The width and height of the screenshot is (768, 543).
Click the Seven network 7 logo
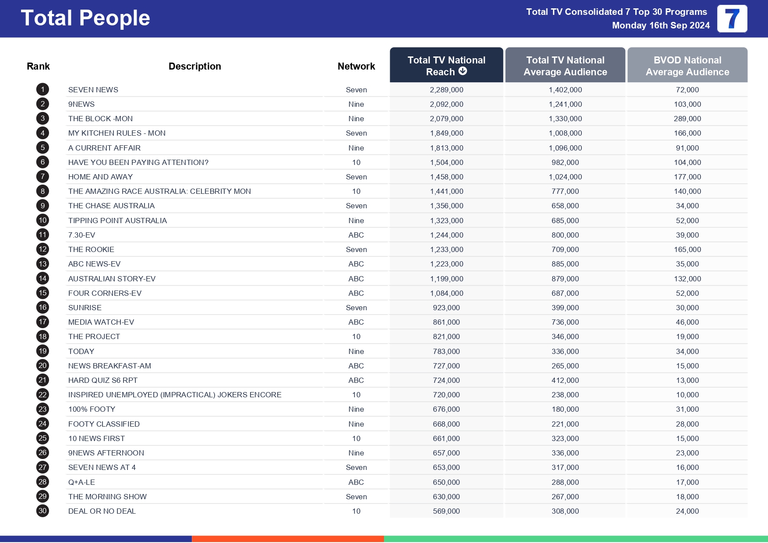coord(732,19)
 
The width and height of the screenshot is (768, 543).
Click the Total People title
coord(85,18)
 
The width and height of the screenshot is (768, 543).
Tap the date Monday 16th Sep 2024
coord(660,25)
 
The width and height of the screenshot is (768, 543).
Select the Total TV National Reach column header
coord(446,65)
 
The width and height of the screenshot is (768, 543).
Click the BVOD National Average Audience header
coord(687,66)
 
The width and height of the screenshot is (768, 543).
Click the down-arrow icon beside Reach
coord(463,71)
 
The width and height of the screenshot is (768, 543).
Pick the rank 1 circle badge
coord(42,90)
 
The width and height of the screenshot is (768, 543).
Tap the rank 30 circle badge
coord(42,511)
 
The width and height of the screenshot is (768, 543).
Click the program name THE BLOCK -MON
coord(100,119)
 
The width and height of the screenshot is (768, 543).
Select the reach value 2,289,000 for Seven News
coord(446,90)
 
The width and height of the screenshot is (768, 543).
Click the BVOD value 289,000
coord(687,119)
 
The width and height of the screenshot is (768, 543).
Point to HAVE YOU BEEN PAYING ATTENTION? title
coord(138,162)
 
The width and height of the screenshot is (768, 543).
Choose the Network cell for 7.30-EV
coord(356,235)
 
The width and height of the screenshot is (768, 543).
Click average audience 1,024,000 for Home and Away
coord(565,177)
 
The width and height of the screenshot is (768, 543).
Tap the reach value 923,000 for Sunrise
coord(446,308)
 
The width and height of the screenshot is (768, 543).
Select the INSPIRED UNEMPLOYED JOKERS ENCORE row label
coord(175,395)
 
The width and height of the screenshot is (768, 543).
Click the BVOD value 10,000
coord(687,395)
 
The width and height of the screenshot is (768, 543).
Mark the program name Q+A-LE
coord(81,482)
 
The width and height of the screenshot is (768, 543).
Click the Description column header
coord(194,66)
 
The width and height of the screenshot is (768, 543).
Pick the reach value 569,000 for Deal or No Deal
coord(446,511)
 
